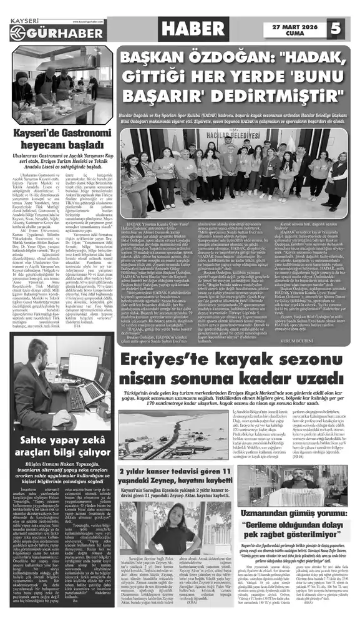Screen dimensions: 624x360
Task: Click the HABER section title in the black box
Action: [x=192, y=27]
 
